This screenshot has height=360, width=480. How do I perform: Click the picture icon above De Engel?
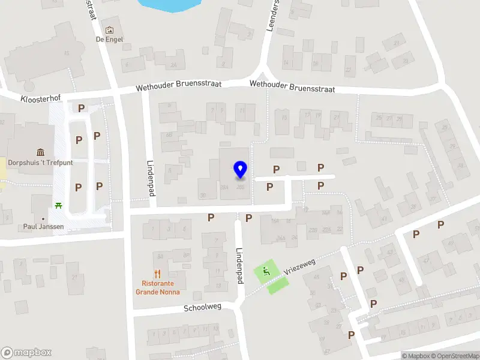(x=109, y=30)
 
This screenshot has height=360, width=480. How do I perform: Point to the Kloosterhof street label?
(x=41, y=97)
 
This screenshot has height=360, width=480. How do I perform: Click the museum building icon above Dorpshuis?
(x=40, y=152)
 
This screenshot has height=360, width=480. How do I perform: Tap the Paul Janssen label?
(x=43, y=227)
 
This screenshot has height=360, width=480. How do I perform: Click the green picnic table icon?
(x=59, y=206)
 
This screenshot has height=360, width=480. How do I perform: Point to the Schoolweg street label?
(x=202, y=307)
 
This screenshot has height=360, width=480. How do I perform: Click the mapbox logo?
(x=26, y=353)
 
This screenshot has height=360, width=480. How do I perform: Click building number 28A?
(x=224, y=188)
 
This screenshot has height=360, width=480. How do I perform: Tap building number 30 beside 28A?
(x=203, y=195)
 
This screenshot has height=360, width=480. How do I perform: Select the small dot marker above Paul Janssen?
(x=43, y=218)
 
